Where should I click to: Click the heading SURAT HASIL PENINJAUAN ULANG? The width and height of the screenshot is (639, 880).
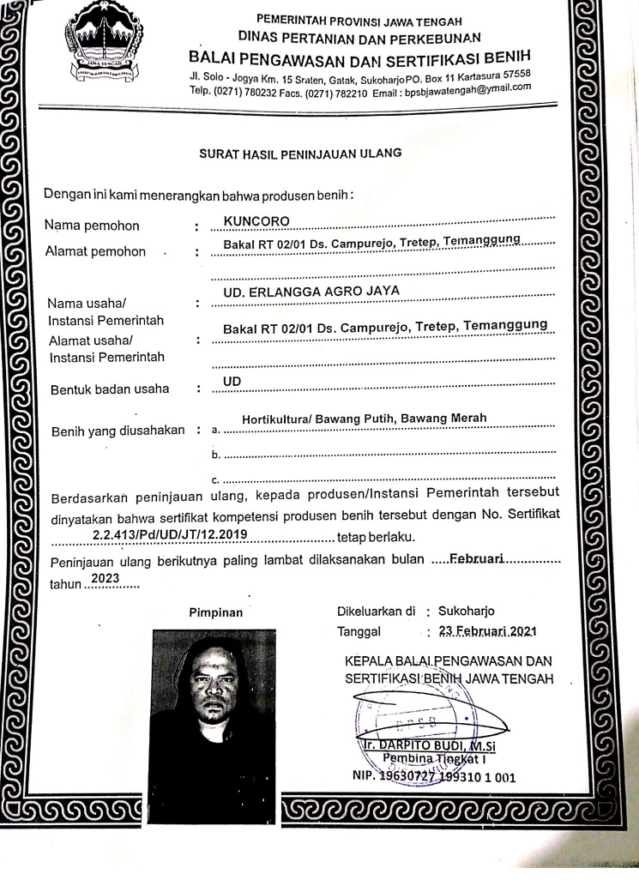300,154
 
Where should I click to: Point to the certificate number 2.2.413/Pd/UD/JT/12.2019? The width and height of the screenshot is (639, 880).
170,535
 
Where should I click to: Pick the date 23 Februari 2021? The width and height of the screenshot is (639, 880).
487,631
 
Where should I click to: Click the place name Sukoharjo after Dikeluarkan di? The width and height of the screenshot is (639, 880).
467,612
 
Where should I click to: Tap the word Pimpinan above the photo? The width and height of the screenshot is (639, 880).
215,612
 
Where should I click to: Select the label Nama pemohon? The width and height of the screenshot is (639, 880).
93,226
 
